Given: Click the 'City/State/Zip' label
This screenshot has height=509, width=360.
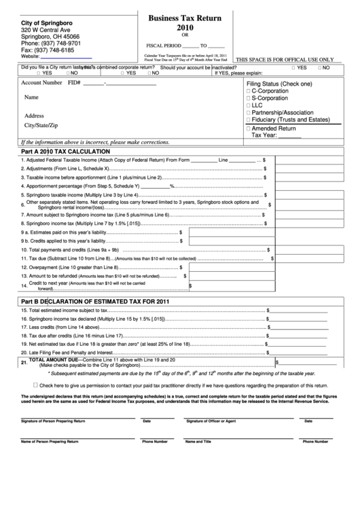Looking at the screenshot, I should click(41, 126).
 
